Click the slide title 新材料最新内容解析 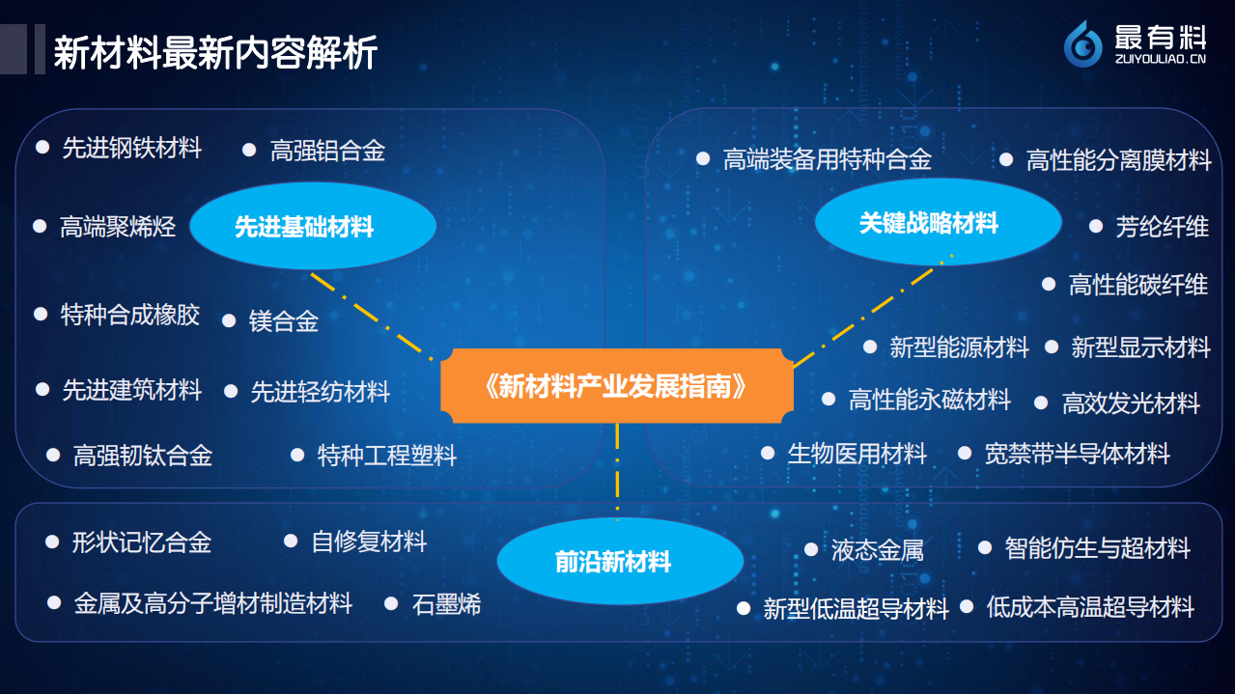click(214, 52)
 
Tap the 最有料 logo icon click(1083, 44)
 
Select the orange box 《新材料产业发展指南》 click(617, 386)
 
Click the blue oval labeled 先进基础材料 click(312, 227)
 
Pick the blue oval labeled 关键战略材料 click(937, 223)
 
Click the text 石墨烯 click(446, 604)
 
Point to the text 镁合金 click(284, 321)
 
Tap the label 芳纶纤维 click(1162, 227)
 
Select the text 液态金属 click(877, 550)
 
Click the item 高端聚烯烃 click(118, 227)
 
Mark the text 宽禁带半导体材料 click(1077, 453)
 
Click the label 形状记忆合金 click(141, 542)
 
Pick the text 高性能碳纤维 click(1137, 285)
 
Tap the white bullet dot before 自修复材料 click(291, 541)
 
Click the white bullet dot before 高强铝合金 click(249, 150)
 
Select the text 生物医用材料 click(856, 453)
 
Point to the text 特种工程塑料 click(386, 455)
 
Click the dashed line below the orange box click(617, 468)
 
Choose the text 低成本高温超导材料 click(1090, 607)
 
